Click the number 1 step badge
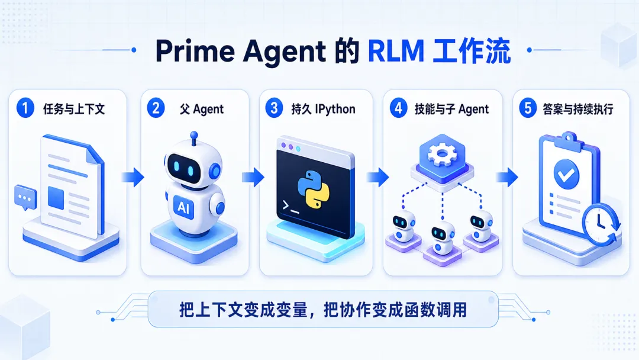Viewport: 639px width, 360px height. (x=25, y=109)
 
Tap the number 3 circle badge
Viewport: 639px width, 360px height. (x=274, y=109)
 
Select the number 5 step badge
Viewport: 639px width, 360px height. (x=528, y=109)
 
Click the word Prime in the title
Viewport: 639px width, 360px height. (x=195, y=51)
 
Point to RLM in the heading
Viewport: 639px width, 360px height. (x=396, y=51)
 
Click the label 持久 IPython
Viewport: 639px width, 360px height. (x=323, y=110)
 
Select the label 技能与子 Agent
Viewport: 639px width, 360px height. (x=451, y=110)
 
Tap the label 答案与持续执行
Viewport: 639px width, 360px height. (x=578, y=110)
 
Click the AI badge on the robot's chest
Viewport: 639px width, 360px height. (x=184, y=207)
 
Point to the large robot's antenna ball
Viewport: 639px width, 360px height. (x=194, y=135)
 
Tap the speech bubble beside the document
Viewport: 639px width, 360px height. (x=25, y=197)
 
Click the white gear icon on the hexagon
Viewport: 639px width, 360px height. (x=442, y=155)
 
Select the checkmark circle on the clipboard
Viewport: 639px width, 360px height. (x=566, y=174)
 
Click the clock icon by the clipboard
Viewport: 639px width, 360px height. (x=601, y=224)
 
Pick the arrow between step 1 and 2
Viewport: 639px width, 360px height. (x=133, y=178)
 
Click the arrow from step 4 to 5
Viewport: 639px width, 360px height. (x=507, y=178)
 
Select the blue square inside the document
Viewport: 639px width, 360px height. (x=56, y=197)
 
